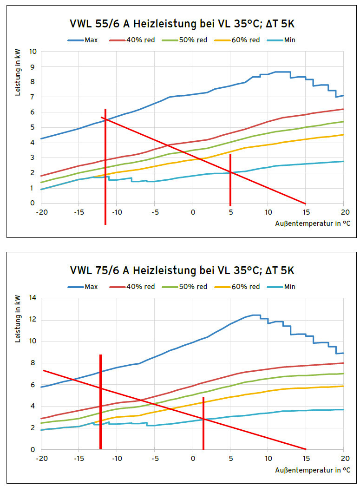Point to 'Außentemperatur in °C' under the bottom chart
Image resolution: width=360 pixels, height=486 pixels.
(313, 470)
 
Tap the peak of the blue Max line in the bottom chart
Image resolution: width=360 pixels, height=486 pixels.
(254, 315)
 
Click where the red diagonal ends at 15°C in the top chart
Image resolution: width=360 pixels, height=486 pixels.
(305, 203)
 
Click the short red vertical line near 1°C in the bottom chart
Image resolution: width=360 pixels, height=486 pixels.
(203, 423)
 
